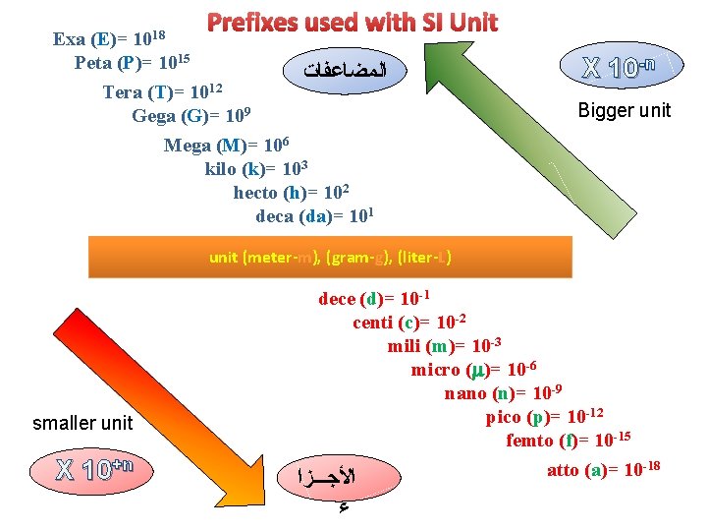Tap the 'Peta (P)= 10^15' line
(132, 63)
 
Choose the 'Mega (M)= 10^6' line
(226, 146)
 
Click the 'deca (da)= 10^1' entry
(315, 215)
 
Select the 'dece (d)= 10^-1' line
(374, 299)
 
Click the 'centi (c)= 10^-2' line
(408, 323)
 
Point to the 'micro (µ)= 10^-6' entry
(473, 370)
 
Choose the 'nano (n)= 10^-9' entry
(504, 393)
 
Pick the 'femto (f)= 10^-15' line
(568, 440)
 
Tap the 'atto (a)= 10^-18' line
(603, 469)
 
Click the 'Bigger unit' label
(624, 110)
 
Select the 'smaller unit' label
(82, 424)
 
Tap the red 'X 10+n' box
(95, 468)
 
